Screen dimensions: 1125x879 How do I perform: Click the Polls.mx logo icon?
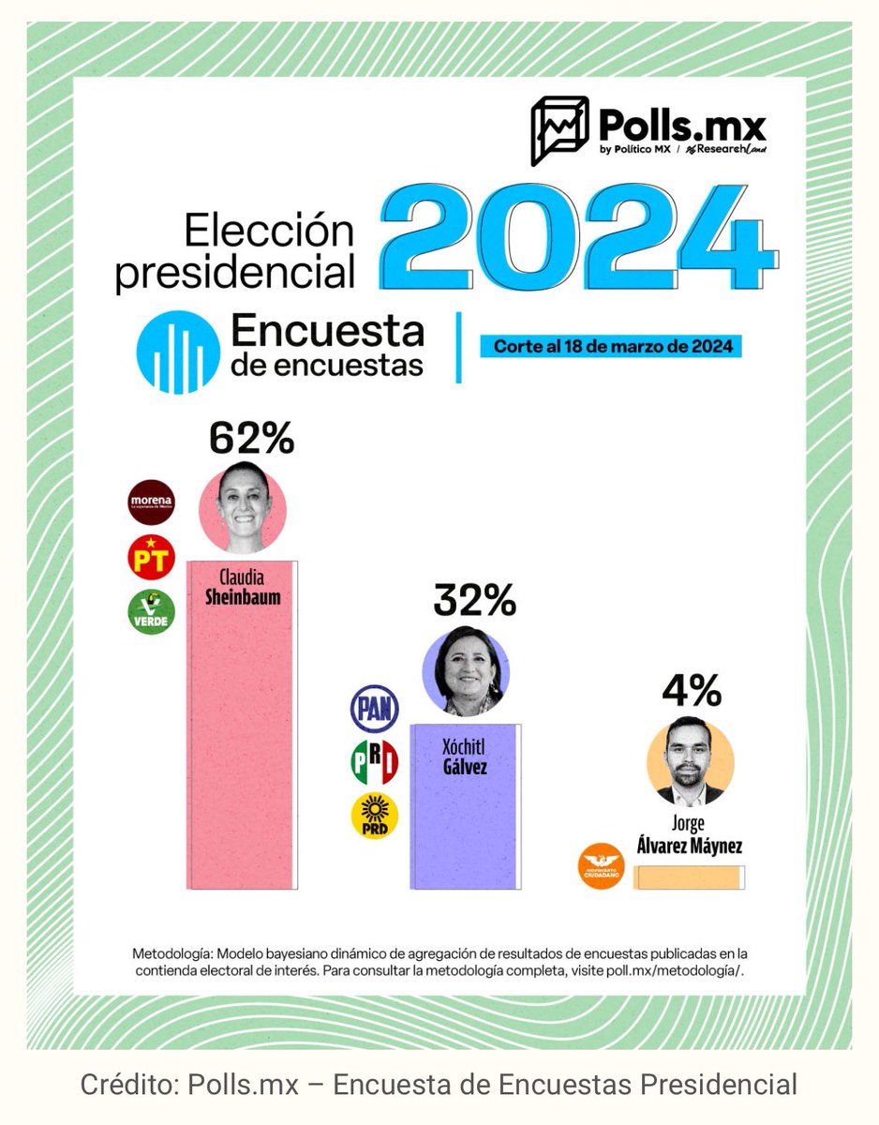pos(559,130)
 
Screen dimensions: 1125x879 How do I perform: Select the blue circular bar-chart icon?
pos(178,352)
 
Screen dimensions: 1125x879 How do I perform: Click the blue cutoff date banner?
pos(611,346)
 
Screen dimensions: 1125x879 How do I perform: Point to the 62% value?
pos(251,438)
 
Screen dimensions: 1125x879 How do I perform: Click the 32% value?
pos(474,601)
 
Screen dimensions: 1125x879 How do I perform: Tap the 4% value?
pos(692,692)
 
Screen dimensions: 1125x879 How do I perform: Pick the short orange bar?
pos(690,877)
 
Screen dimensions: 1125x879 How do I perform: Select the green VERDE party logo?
pos(151,611)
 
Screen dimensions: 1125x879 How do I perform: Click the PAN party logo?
pos(374,709)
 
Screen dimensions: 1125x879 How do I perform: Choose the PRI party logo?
pos(374,761)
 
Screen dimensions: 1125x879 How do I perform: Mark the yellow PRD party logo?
pos(374,815)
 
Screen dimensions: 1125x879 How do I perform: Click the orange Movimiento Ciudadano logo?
pos(601,865)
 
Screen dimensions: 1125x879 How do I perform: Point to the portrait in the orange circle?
pos(691,762)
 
